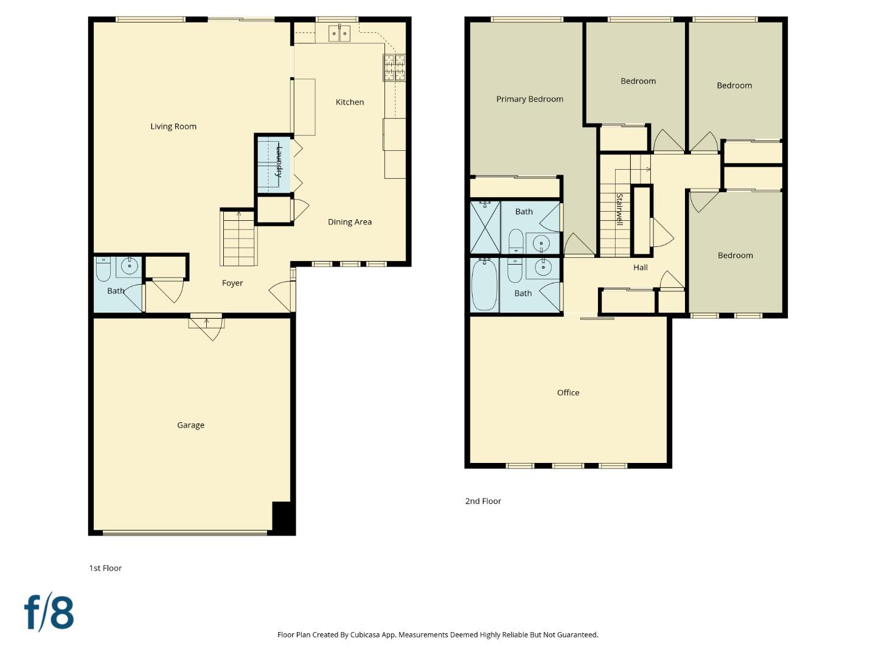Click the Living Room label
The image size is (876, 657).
(x=173, y=127)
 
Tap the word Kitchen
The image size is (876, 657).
(x=350, y=102)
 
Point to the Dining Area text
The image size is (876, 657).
(x=350, y=222)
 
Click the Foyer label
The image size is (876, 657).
(x=232, y=283)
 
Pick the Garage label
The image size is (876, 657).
(x=190, y=425)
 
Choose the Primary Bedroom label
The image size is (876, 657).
(x=529, y=99)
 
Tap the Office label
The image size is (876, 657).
(x=568, y=393)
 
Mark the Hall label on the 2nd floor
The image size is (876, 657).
(x=640, y=268)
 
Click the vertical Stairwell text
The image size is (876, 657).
(x=619, y=210)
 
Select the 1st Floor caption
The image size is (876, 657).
(x=105, y=568)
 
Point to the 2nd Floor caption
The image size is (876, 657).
(x=483, y=501)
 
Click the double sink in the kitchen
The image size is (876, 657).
(x=339, y=33)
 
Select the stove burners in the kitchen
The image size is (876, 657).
(x=394, y=68)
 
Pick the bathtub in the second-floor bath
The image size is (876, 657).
(x=484, y=285)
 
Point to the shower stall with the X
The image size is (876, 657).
(x=485, y=227)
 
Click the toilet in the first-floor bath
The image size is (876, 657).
(x=103, y=268)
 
